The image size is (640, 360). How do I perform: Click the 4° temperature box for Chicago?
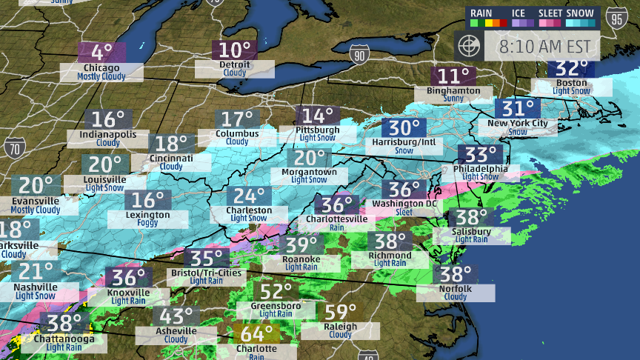click(101, 53)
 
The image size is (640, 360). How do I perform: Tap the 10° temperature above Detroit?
click(235, 50)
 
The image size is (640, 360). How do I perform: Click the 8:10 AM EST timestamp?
click(545, 46)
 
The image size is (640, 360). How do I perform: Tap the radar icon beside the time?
click(470, 46)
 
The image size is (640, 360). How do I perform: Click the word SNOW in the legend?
click(579, 13)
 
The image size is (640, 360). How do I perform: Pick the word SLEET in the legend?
click(550, 13)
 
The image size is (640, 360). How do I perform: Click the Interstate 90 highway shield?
click(359, 54)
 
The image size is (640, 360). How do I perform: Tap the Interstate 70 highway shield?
click(13, 148)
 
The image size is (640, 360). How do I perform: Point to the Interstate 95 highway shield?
click(616, 19)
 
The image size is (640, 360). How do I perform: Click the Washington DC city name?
click(404, 203)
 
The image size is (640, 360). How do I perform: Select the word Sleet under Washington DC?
click(404, 212)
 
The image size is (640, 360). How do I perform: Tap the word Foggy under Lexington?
click(147, 224)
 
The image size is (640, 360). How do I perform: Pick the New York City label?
click(517, 123)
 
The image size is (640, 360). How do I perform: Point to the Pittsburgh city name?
click(317, 130)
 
